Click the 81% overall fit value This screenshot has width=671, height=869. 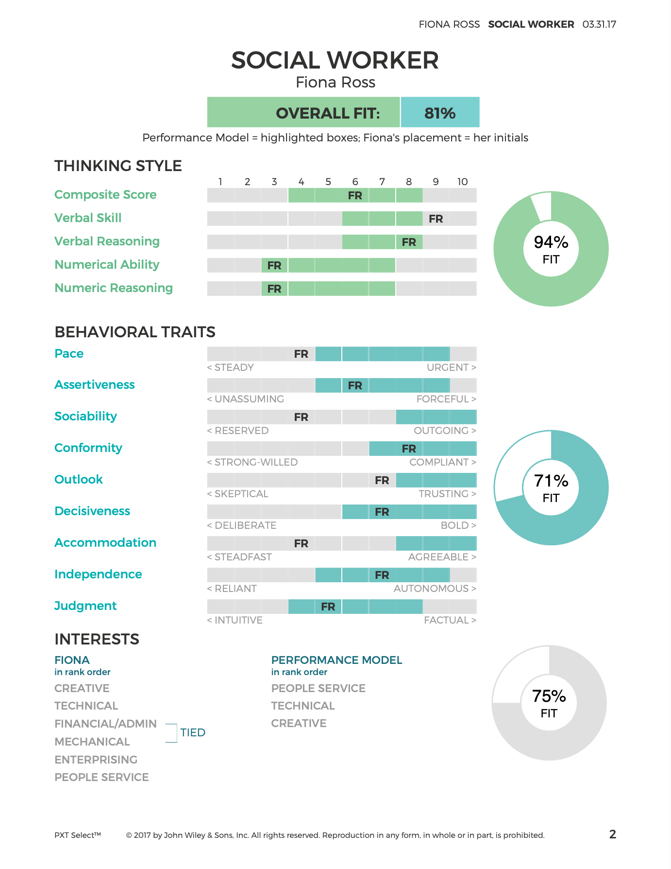440,113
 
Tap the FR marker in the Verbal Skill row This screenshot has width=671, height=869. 436,219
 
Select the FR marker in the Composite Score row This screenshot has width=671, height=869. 355,195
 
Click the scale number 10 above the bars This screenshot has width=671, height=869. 462,182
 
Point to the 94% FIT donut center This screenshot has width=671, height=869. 551,249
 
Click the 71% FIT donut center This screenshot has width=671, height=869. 551,488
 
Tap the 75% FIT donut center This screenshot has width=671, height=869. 549,703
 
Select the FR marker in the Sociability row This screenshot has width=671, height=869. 301,417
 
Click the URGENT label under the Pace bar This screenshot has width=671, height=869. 451,367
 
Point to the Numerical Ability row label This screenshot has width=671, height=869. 107,264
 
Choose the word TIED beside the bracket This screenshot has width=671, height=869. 193,732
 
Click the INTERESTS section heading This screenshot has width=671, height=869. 97,639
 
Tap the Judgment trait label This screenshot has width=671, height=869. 85,606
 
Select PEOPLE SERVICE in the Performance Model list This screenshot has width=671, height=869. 318,688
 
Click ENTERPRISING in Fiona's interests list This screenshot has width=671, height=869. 96,760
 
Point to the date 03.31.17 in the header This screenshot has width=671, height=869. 599,24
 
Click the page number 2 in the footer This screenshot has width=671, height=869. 612,834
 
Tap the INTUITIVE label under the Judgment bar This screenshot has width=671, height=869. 235,620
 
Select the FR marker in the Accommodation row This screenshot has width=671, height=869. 301,543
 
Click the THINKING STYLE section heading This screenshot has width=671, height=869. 118,166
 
